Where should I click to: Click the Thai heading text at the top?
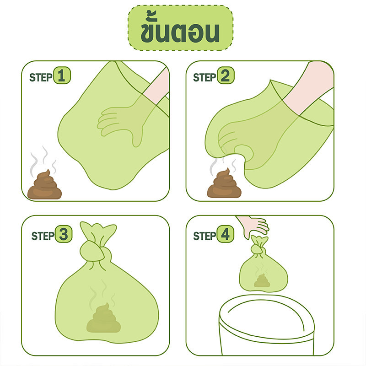(180, 27)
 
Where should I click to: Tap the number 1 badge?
(62, 75)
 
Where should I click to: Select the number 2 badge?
(226, 75)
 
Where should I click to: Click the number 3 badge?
(63, 234)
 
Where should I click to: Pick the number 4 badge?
(225, 234)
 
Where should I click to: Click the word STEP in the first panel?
(41, 77)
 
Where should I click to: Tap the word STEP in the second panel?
(205, 77)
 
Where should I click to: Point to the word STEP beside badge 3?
(43, 236)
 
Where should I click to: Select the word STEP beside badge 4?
(205, 236)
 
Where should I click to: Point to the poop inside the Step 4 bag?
(262, 281)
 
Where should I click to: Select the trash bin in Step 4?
(266, 326)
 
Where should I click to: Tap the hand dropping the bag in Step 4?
(254, 225)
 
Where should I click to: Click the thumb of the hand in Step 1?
(137, 138)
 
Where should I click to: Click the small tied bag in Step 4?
(263, 265)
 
